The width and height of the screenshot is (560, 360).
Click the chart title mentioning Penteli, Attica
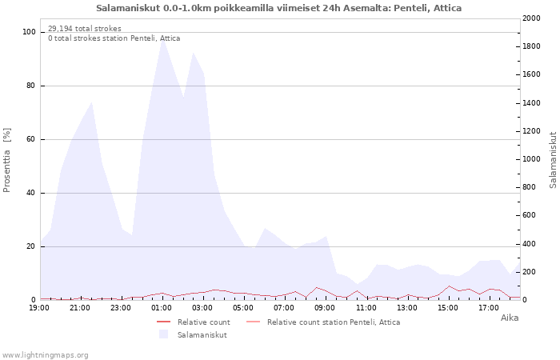278,8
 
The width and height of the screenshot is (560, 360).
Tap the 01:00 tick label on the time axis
162,308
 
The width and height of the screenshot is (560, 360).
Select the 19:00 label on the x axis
39,308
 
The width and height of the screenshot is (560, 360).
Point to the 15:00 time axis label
448,308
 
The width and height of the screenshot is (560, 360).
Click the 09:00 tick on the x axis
326,308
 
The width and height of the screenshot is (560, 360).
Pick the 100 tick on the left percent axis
29,32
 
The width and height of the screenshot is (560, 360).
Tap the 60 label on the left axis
30,139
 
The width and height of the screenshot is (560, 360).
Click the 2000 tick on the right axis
531,18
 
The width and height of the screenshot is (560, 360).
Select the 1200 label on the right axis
531,131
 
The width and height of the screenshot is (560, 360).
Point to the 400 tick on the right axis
530,244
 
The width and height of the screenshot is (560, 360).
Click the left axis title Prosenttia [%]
6,160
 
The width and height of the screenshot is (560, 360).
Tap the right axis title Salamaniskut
553,160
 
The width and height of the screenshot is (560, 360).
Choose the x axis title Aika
510,318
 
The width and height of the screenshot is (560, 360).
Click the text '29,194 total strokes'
85,29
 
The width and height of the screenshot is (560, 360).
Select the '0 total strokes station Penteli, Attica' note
114,38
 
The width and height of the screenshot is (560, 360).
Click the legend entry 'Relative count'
203,322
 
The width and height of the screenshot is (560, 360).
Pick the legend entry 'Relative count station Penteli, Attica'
334,322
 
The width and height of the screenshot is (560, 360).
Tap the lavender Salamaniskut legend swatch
163,334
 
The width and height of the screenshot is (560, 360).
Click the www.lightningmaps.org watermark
44,355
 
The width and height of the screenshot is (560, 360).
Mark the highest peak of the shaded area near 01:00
162,39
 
